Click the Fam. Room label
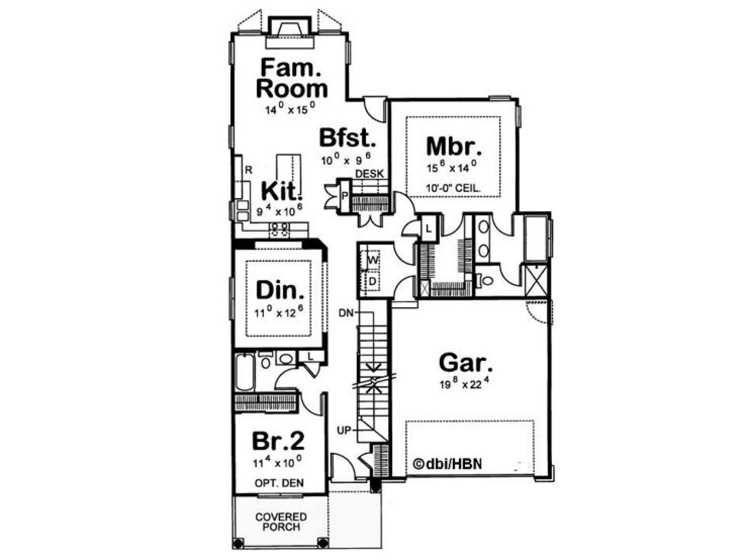(x=292, y=78)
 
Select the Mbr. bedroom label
(x=453, y=146)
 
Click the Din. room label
(x=280, y=290)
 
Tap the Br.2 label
(x=278, y=441)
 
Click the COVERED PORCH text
(x=281, y=522)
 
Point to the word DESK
(x=370, y=174)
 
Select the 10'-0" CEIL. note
(x=453, y=189)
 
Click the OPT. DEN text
(x=279, y=483)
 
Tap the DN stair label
(x=346, y=312)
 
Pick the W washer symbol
(x=372, y=260)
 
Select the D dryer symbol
(x=372, y=281)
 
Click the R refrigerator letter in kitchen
(x=248, y=170)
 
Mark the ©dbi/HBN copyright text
(x=447, y=464)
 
